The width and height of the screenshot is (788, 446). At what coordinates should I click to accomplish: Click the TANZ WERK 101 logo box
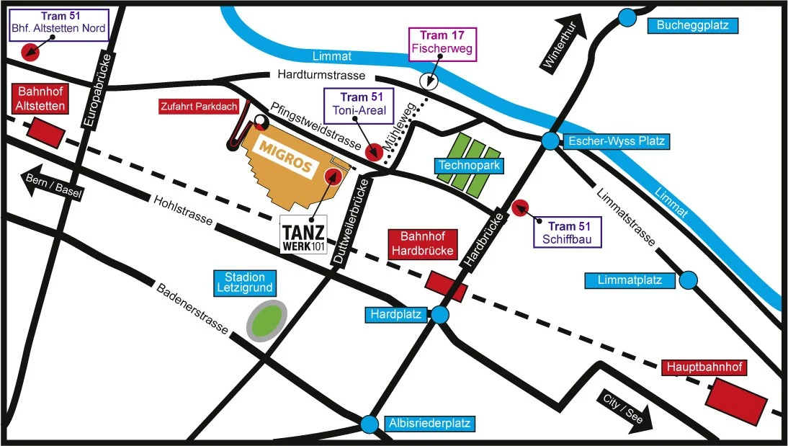pyautogui.click(x=304, y=234)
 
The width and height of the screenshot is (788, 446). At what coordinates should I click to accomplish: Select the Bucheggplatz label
pyautogui.click(x=693, y=26)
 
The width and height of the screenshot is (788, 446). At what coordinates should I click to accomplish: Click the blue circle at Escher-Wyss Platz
pyautogui.click(x=551, y=141)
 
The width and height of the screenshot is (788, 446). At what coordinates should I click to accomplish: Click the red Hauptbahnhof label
pyautogui.click(x=704, y=367)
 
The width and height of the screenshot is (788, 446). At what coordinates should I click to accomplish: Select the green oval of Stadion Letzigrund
pyautogui.click(x=267, y=320)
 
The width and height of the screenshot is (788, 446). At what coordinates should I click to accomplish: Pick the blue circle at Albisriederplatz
pyautogui.click(x=370, y=424)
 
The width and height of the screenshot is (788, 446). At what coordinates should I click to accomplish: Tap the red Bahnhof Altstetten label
pyautogui.click(x=41, y=98)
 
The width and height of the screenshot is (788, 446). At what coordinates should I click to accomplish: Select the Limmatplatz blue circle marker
pyautogui.click(x=689, y=280)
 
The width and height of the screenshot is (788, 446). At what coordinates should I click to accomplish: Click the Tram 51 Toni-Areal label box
pyautogui.click(x=358, y=105)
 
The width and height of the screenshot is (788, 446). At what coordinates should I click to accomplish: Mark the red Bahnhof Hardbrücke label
pyautogui.click(x=421, y=244)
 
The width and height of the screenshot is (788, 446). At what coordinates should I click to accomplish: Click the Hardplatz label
pyautogui.click(x=395, y=314)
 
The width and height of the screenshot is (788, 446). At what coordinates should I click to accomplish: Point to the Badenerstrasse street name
pyautogui.click(x=192, y=309)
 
